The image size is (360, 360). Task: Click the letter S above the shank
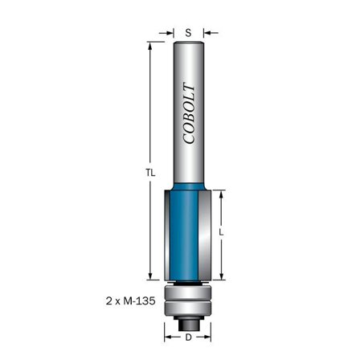(x=188, y=33)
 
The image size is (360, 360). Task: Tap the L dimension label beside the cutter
(x=221, y=232)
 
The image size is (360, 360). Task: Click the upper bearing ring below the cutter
(x=188, y=292)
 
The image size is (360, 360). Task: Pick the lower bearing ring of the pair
(x=188, y=307)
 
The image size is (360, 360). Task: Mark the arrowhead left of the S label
(x=171, y=33)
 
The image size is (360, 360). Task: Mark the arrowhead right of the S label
(x=205, y=33)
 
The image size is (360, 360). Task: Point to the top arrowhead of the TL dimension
(x=150, y=45)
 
